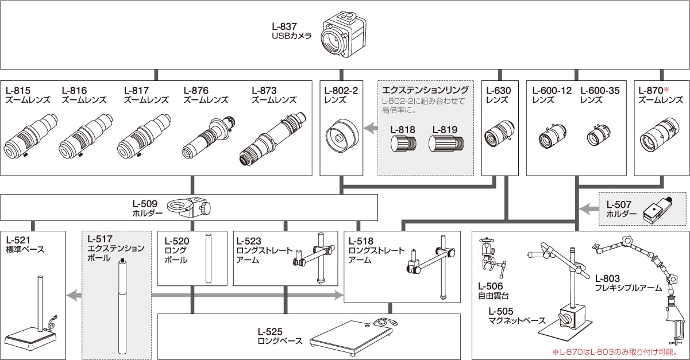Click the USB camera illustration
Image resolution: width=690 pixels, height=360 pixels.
(x=343, y=36)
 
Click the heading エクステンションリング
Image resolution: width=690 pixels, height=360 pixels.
(x=425, y=90)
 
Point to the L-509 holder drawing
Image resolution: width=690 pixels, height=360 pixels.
(x=189, y=208)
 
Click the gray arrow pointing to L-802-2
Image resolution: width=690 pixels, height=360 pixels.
(x=371, y=129)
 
